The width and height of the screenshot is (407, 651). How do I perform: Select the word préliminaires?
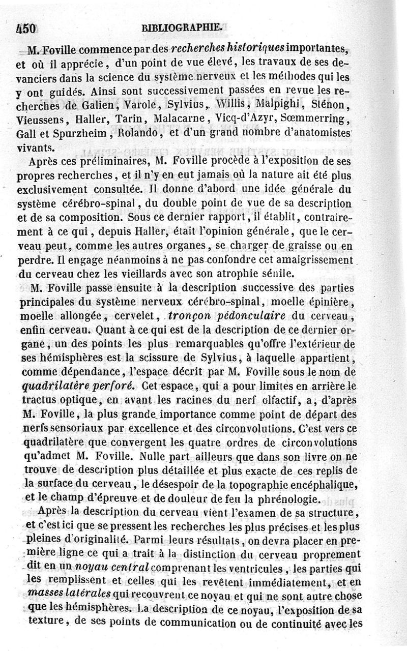click(114, 162)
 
